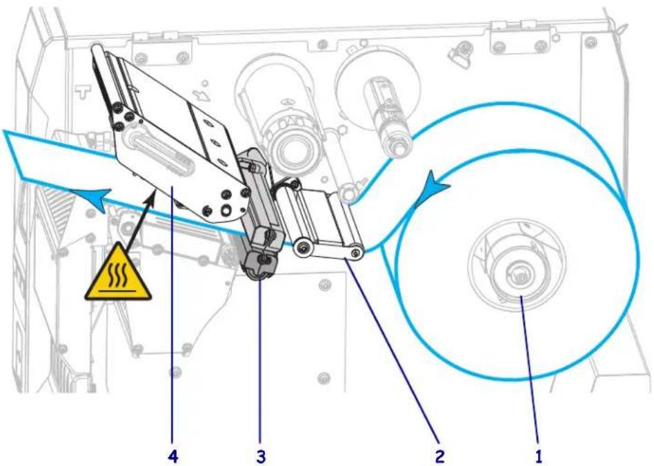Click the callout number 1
coord(539,456)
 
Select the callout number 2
coord(439,456)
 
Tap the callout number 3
coord(261,456)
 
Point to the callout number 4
coord(172,456)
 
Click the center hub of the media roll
coord(517,275)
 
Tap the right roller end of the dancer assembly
coord(356,252)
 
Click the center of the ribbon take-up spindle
coord(290,148)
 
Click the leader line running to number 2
coord(392,350)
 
